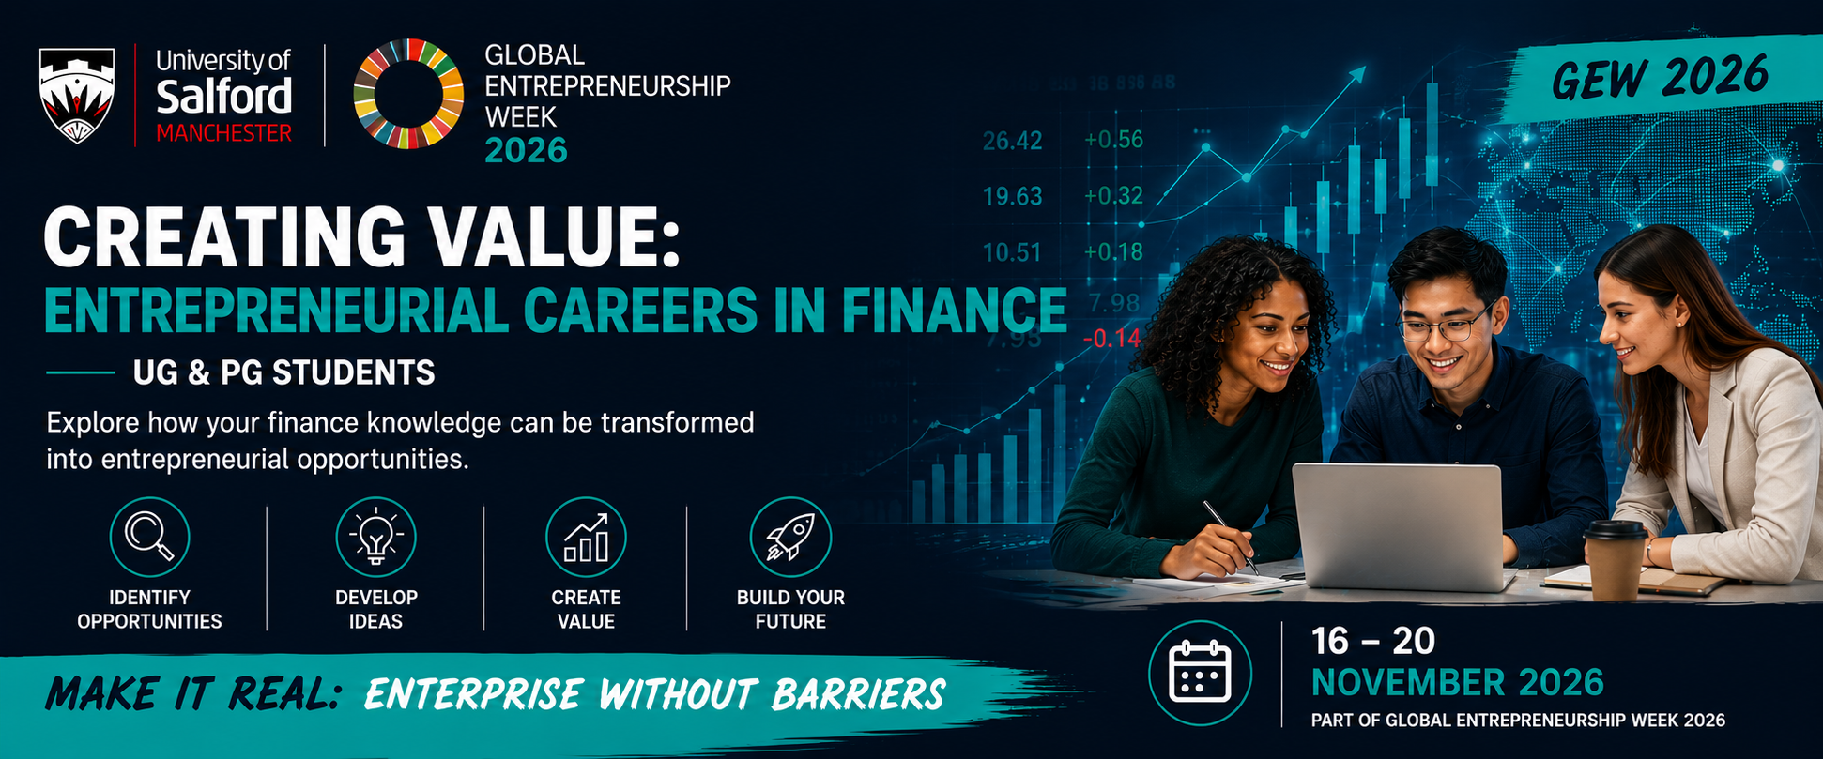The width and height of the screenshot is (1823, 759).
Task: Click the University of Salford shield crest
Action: click(77, 95)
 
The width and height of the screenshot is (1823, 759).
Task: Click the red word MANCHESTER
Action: click(223, 133)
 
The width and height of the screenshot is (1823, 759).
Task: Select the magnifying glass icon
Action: click(150, 537)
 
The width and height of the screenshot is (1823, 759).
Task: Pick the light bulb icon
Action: click(375, 537)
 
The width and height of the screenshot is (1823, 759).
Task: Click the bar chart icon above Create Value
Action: click(586, 537)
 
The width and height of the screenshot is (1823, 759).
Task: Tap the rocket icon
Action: click(790, 537)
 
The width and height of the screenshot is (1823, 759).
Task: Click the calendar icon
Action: click(1200, 672)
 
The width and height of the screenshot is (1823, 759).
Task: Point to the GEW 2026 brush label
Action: click(1660, 77)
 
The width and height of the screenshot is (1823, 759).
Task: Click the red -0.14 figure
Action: click(1111, 338)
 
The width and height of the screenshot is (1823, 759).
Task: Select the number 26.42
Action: click(1012, 141)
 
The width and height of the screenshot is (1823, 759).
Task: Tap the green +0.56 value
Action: click(1113, 140)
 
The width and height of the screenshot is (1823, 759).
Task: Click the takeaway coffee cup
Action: click(1615, 559)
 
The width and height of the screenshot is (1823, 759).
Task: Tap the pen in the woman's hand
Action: click(1231, 538)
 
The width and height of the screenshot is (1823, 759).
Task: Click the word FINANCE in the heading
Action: click(954, 311)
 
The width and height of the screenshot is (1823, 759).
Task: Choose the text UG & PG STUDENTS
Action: click(283, 373)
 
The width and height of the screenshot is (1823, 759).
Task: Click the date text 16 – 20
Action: click(1373, 642)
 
